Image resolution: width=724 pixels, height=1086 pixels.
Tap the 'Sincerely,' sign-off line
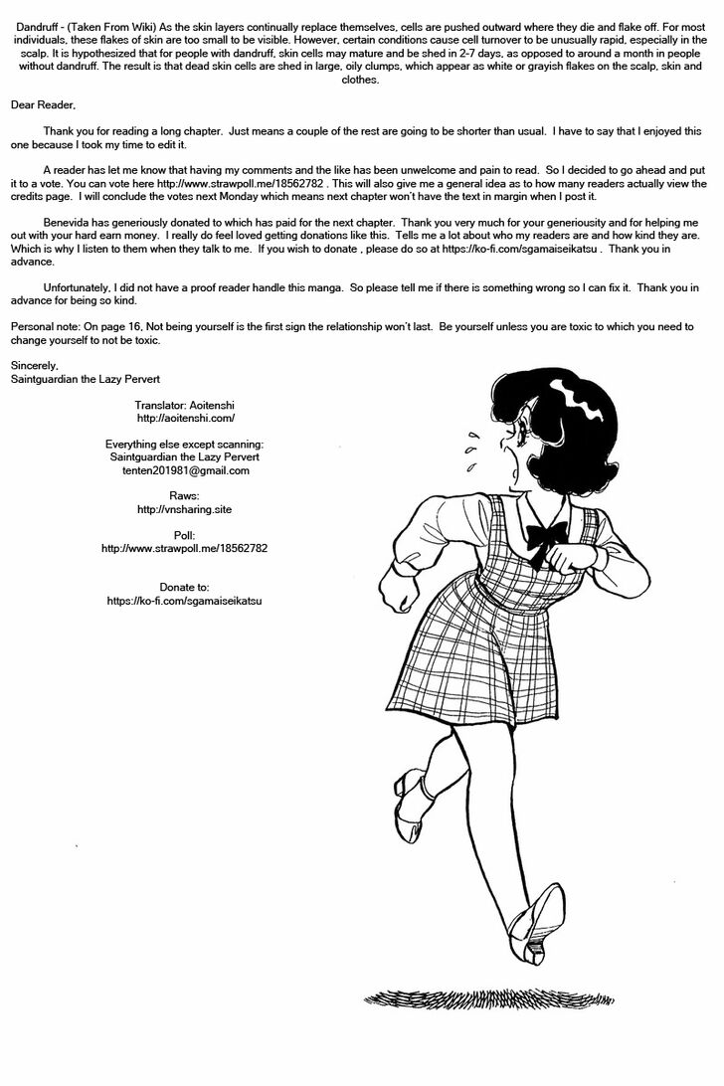pyautogui.click(x=36, y=365)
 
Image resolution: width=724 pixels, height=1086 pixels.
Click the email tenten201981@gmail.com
pyautogui.click(x=185, y=470)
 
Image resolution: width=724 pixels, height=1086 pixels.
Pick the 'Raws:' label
pyautogui.click(x=185, y=495)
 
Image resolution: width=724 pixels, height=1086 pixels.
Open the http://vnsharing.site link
pyautogui.click(x=185, y=509)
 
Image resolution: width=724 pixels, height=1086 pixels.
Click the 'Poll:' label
pyautogui.click(x=185, y=534)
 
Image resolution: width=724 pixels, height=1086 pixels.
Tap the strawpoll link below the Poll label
pyautogui.click(x=185, y=548)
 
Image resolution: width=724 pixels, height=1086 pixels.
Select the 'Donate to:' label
pyautogui.click(x=185, y=587)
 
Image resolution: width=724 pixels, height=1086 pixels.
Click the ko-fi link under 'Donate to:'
pyautogui.click(x=185, y=601)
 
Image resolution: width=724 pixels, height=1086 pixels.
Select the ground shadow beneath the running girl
pyautogui.click(x=496, y=997)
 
